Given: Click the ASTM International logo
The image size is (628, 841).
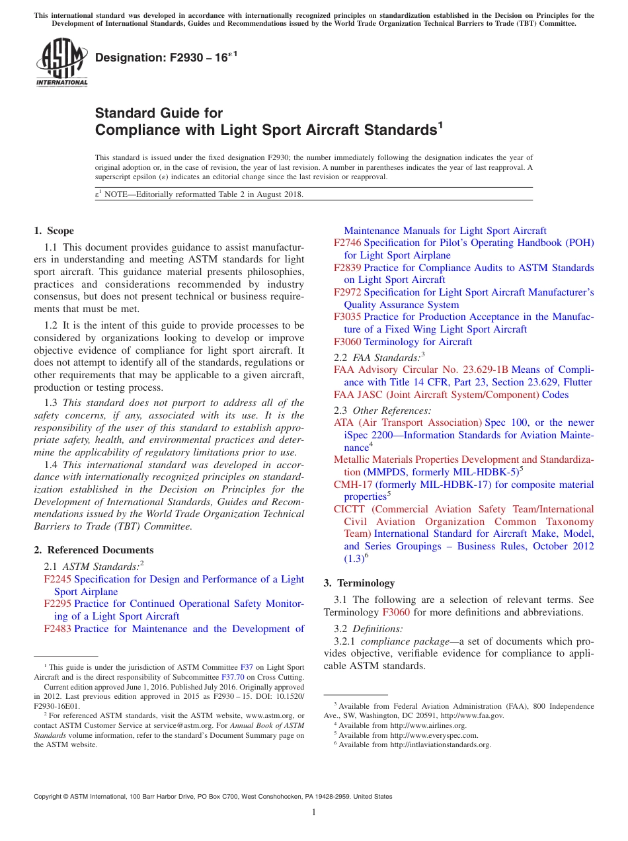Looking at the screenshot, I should (61, 63).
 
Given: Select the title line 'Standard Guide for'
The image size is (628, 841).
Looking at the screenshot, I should (159, 113).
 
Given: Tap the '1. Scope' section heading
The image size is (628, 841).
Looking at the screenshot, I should (54, 231).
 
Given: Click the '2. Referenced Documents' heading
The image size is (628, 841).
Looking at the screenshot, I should (94, 550).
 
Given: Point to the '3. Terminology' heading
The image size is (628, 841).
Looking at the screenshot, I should (359, 583).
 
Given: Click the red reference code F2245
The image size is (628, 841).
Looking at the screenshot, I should (58, 579).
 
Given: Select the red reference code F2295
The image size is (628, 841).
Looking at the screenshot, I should (58, 604).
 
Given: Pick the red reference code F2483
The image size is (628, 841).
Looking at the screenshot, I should (58, 629).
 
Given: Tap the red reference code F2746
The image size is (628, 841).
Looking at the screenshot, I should (347, 243).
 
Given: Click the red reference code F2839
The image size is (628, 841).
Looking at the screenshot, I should (347, 268).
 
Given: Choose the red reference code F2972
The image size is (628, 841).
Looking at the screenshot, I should (347, 292).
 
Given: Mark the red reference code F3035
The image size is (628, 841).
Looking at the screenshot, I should (347, 317).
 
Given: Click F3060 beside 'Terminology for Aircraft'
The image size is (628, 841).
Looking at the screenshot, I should (347, 342).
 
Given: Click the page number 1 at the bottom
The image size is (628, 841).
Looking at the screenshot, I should (314, 813).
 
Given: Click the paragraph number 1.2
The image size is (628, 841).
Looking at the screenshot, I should (52, 325).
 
